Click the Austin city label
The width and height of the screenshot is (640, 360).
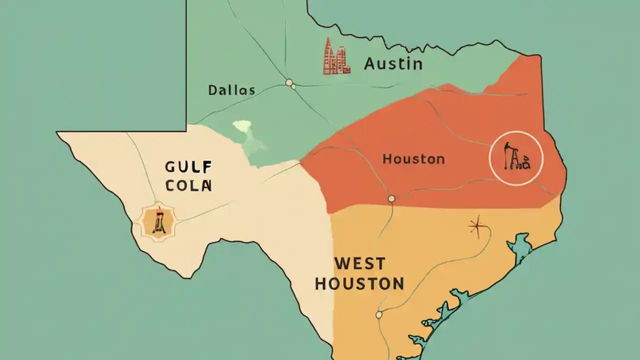tap(393, 64)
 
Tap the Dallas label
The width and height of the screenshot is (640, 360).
tap(231, 90)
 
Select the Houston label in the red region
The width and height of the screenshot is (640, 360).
tap(413, 159)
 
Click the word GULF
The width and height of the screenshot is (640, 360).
tap(189, 167)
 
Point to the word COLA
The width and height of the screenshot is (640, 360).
tap(189, 185)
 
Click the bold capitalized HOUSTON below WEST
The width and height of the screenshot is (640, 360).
tap(359, 284)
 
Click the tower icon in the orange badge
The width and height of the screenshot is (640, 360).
tap(159, 221)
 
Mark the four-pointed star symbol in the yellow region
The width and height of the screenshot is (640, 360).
tap(477, 227)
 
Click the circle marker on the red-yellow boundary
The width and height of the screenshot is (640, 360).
tap(391, 199)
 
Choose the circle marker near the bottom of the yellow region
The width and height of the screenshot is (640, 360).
tap(378, 314)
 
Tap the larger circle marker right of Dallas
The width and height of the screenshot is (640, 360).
tap(288, 82)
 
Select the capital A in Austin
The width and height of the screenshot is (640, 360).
tap(371, 64)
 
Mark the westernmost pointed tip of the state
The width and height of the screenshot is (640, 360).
tap(57, 132)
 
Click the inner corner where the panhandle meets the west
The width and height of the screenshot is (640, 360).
tap(187, 131)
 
